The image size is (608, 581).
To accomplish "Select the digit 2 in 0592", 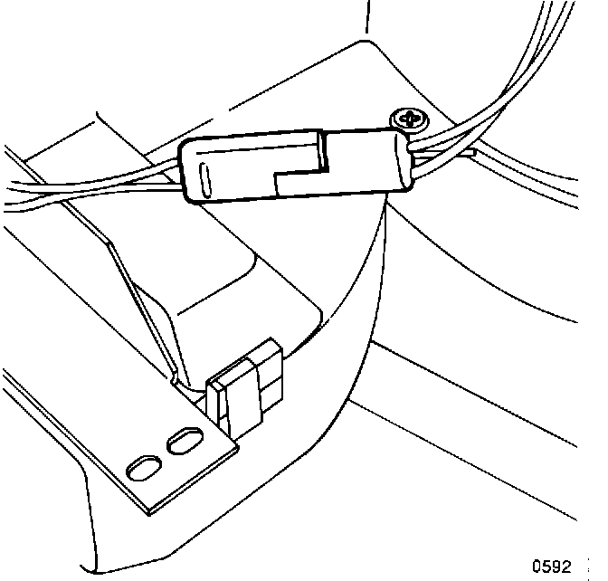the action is pyautogui.click(x=566, y=567).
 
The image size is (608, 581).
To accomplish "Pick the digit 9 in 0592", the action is pyautogui.click(x=556, y=567).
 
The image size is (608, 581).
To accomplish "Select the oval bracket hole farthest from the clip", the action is pyautogui.click(x=143, y=469).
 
